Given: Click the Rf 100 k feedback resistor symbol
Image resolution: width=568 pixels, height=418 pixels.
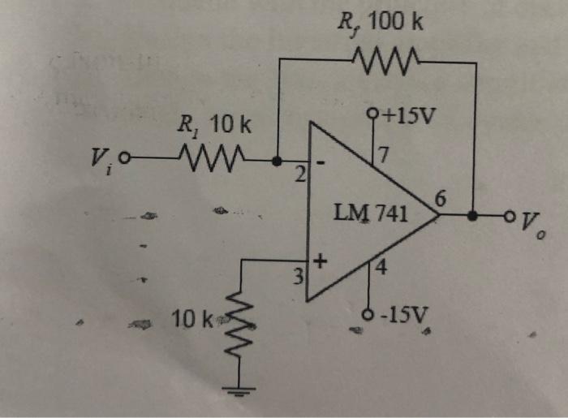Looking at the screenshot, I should (x=385, y=58).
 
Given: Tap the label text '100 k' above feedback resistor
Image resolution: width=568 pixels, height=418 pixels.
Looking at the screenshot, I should (x=395, y=22).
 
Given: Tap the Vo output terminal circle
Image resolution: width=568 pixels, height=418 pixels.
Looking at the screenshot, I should (x=509, y=217).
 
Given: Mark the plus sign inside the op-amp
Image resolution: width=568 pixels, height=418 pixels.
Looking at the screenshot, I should (x=320, y=262).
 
